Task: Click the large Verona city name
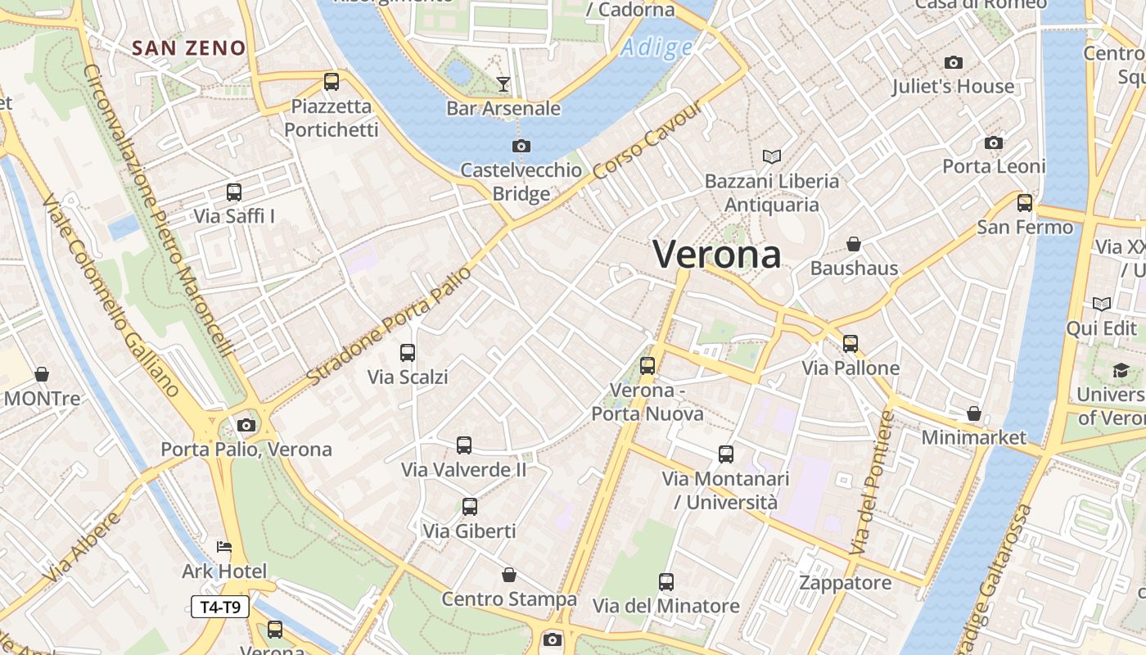point(717,254)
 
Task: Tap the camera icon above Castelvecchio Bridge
point(521,147)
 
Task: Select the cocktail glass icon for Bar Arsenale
point(503,84)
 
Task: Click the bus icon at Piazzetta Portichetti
point(331,82)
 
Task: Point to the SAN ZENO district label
point(189,48)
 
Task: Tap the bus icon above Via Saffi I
point(234,192)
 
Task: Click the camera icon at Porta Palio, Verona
point(246,425)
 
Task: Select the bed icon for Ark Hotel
point(224,546)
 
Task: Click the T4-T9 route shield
point(220,607)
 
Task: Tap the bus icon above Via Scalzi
point(407,353)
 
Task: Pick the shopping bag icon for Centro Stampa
point(509,575)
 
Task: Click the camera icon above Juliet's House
point(953,62)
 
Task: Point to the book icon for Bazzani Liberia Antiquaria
point(771,156)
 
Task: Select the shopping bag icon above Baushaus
point(854,244)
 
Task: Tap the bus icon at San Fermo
point(1024,203)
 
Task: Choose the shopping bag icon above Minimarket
point(973,413)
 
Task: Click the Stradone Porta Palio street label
point(390,326)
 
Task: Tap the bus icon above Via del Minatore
point(666,582)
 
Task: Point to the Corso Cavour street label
point(646,142)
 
